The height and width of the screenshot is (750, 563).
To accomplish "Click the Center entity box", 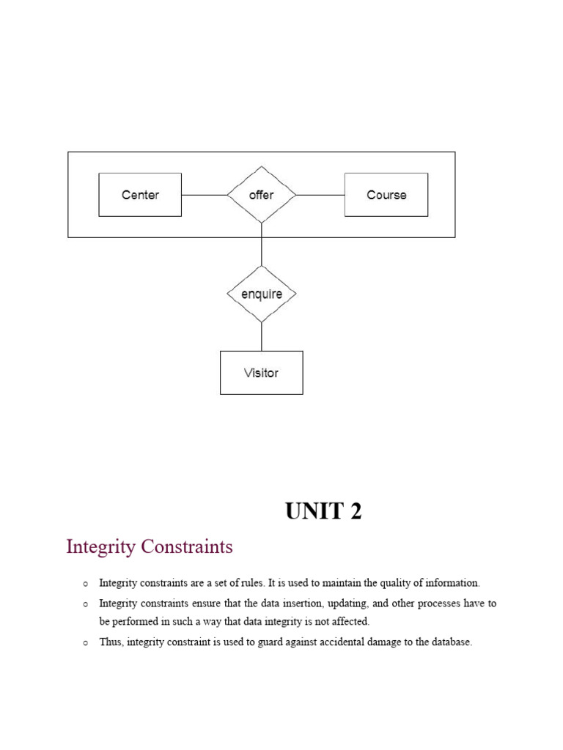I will pos(140,195).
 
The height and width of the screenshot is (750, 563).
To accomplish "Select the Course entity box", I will pos(386,195).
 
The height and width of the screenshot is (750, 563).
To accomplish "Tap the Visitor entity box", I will pos(261,373).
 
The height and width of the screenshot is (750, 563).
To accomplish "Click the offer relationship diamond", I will pos(262,195).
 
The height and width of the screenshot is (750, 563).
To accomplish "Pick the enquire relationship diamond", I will pos(262,294).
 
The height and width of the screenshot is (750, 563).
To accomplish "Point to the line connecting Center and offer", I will pos(204,195).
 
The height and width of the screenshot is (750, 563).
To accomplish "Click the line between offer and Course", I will pos(320,195).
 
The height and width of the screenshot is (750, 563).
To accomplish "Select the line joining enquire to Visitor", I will pos(262,337).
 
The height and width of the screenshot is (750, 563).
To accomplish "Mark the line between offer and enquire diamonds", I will pos(262,245).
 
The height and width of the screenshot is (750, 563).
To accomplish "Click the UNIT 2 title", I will pos(323,512).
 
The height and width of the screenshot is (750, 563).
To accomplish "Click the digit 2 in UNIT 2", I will pos(356,512).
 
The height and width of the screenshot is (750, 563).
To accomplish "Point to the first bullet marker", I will pos(86,584).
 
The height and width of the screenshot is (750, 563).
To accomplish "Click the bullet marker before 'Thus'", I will pos(86,643).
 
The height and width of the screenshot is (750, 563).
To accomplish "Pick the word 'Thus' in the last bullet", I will pos(111,642).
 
